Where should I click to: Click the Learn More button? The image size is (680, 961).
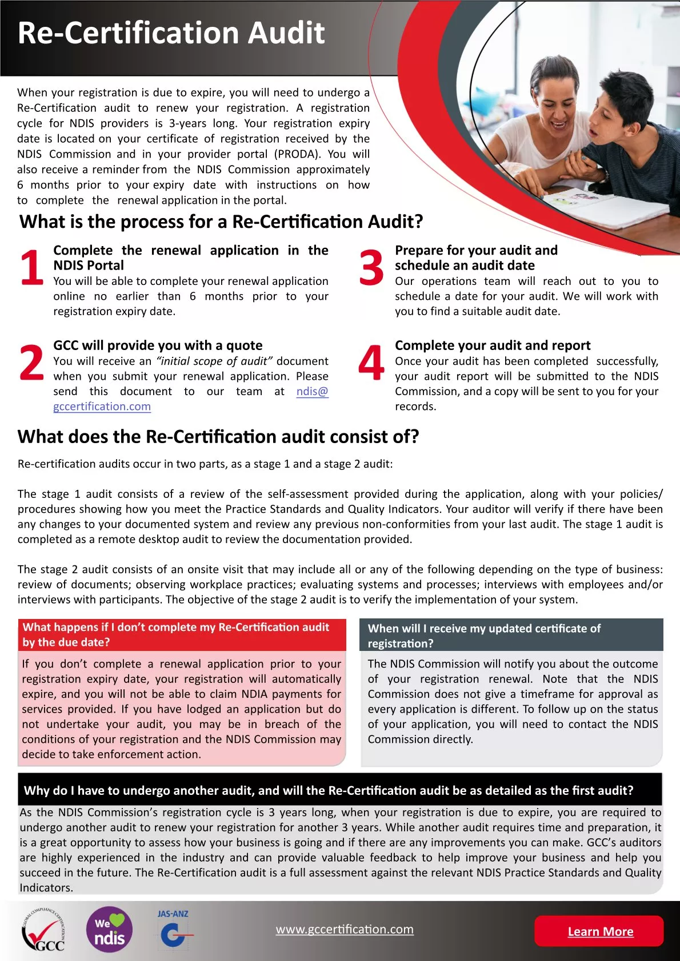(599, 931)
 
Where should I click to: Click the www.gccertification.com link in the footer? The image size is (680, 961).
(345, 929)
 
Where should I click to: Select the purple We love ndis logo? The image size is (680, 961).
(109, 930)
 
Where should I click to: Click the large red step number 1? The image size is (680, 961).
(31, 267)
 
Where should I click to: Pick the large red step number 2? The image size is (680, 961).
(31, 363)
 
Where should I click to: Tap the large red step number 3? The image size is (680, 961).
(371, 267)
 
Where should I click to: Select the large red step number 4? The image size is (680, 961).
(371, 363)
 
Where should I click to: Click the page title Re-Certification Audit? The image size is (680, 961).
(171, 33)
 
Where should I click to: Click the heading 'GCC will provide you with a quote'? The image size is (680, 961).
(158, 345)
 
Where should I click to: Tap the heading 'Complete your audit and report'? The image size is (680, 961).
(493, 345)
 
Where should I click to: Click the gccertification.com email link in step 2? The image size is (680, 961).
(102, 407)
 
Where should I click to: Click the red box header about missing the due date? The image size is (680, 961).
(182, 634)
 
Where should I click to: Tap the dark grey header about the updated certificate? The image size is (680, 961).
(511, 636)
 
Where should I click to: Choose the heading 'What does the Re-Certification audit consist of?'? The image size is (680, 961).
(218, 437)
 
